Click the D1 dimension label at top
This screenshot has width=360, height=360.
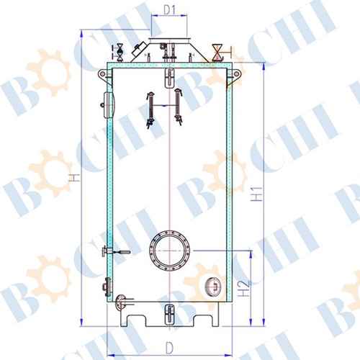click(169, 10)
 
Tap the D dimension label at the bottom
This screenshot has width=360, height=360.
click(169, 348)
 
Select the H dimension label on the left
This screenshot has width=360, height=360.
click(76, 178)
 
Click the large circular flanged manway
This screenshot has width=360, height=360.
click(169, 251)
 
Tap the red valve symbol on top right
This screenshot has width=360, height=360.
click(217, 53)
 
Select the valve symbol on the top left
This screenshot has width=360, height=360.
click(120, 53)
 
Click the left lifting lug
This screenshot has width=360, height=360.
click(103, 73)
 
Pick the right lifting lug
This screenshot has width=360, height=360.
click(235, 74)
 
